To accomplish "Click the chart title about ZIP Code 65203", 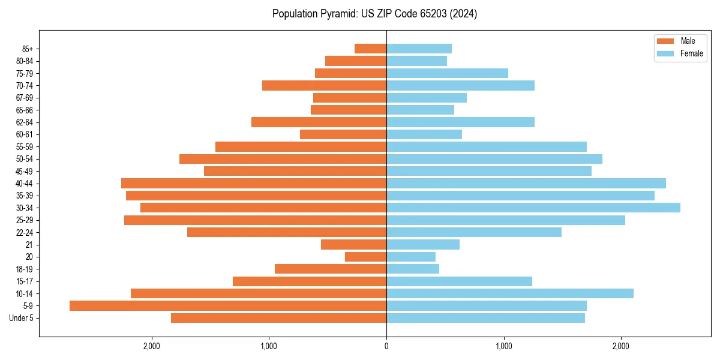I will (374, 14).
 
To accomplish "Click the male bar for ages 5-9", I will (228, 305).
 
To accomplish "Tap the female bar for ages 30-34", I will (533, 208).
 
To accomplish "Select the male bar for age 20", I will (365, 257).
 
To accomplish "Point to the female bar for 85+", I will (419, 49).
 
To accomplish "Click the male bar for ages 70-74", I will (324, 85).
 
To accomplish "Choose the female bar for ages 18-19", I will (413, 269).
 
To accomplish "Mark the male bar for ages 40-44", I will (254, 183).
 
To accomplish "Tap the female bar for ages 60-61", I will (424, 134).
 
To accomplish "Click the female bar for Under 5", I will (485, 318).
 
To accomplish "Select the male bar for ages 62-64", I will (319, 122).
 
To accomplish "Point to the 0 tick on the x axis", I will (386, 346).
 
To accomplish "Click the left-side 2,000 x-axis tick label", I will (151, 346).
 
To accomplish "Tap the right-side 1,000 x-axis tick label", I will (504, 346).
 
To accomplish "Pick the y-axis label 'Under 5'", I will (22, 318).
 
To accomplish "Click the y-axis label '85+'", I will (28, 49).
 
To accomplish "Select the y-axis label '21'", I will (29, 245).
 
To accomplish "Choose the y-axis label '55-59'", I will (25, 146).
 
